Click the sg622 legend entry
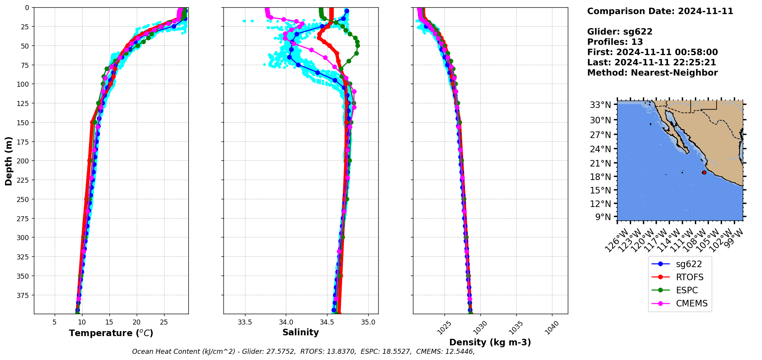[x=688, y=264]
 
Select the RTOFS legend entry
[x=689, y=277]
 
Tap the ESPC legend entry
[x=686, y=290]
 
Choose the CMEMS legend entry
[x=692, y=303]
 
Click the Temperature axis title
[x=111, y=333]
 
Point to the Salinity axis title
[x=300, y=332]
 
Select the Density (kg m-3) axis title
[x=490, y=342]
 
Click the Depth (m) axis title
[x=8, y=161]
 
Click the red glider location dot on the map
[x=704, y=172]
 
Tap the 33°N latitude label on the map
[x=601, y=105]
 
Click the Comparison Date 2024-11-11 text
[x=660, y=11]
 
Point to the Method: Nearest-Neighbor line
[x=652, y=73]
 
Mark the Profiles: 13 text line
[x=615, y=42]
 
